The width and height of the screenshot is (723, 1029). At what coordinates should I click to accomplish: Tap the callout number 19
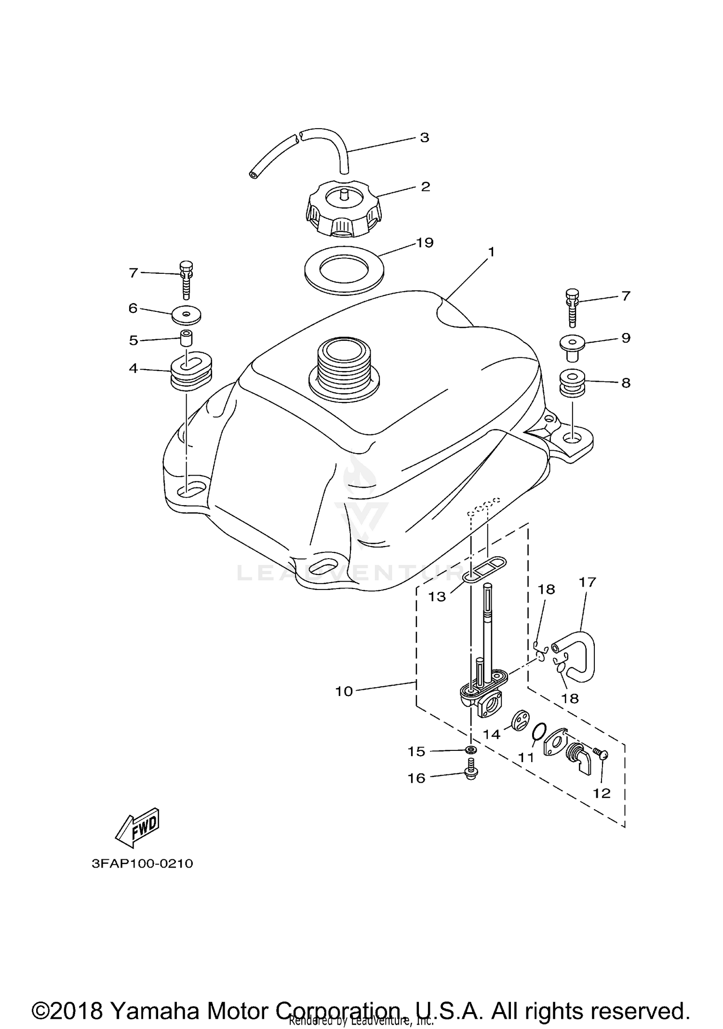425,242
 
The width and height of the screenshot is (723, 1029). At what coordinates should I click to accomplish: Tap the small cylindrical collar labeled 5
187,338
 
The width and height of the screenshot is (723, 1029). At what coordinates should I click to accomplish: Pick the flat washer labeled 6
187,315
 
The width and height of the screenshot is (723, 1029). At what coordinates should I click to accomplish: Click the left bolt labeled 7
187,280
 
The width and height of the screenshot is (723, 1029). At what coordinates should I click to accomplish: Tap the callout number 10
344,691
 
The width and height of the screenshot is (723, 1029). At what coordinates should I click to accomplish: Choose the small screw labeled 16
471,775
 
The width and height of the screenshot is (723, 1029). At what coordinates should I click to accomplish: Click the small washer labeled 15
471,750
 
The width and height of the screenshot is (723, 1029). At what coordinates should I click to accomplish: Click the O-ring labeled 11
539,734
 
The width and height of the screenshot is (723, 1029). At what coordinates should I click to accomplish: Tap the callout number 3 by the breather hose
424,137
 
